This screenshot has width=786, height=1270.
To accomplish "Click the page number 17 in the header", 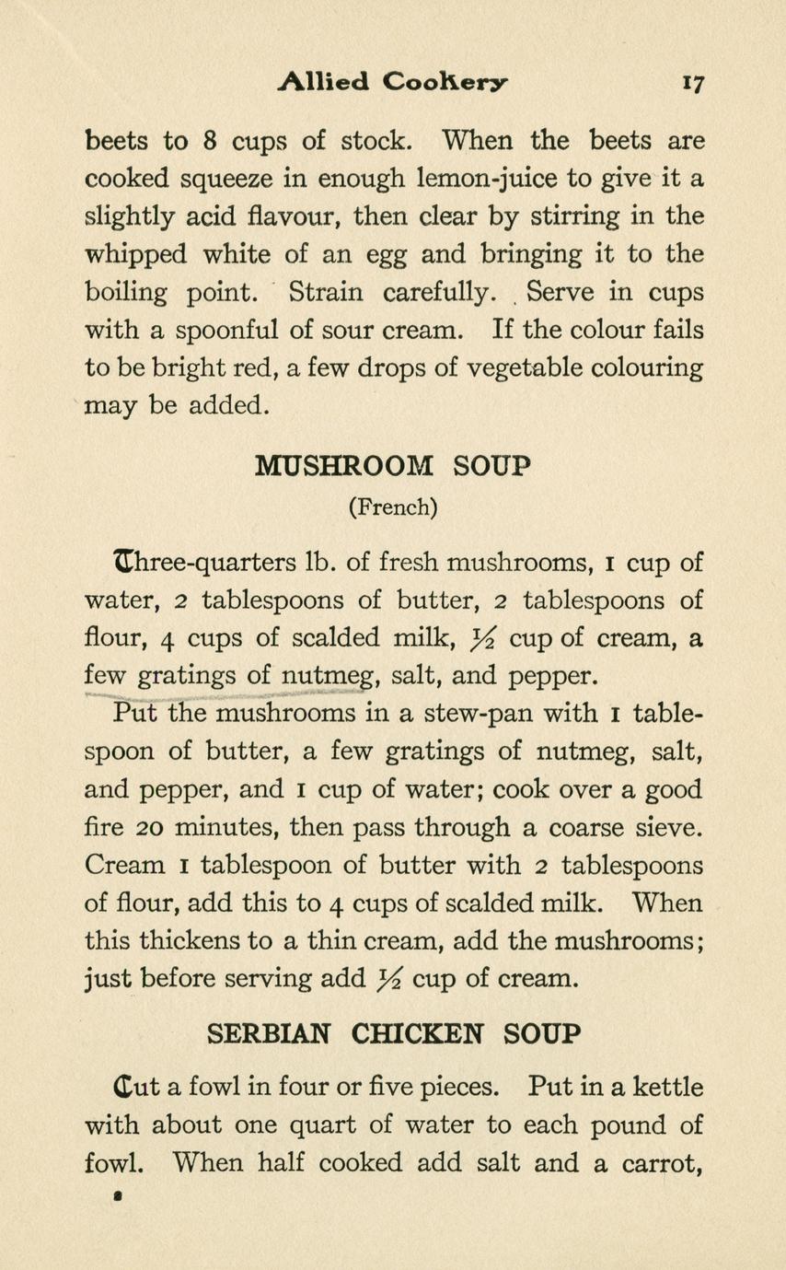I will [693, 82].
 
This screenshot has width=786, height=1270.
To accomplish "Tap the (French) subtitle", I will [392, 507].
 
